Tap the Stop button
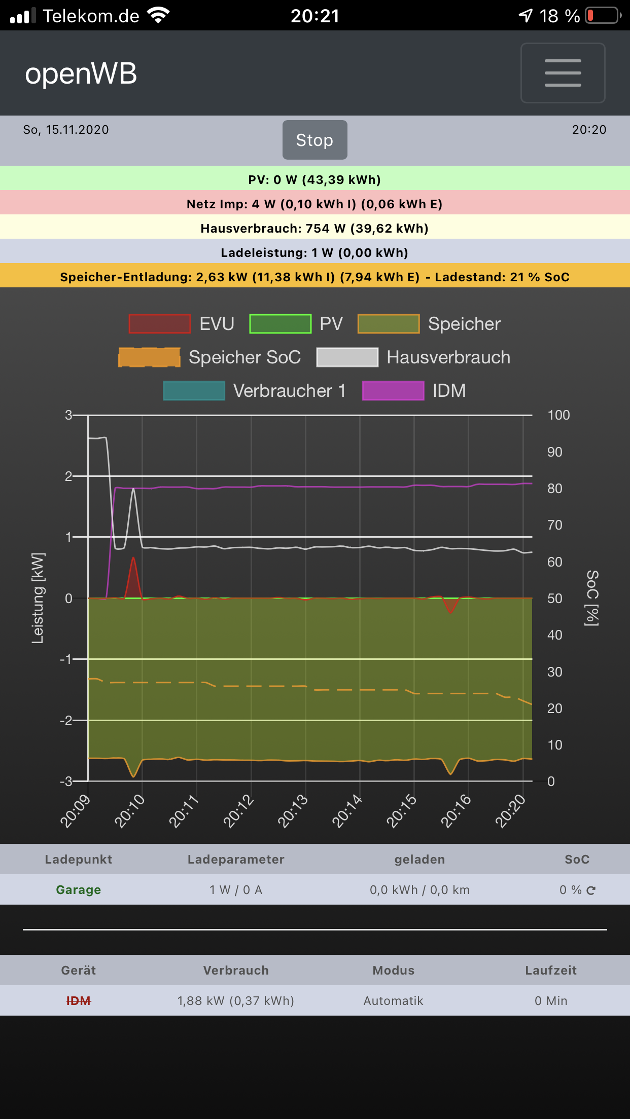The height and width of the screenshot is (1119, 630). pos(314,140)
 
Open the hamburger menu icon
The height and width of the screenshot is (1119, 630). pos(563,73)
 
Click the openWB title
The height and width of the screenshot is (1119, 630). pos(81,73)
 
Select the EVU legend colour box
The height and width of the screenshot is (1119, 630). pos(159,324)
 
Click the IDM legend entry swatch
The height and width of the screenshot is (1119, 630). pos(393,391)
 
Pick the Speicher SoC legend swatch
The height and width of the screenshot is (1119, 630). pos(149,357)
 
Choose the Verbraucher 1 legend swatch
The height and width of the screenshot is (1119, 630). pos(194,391)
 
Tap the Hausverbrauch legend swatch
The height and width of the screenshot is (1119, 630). pos(347,357)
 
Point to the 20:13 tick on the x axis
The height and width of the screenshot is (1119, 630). pos(293,810)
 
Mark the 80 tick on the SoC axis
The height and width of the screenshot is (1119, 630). pos(554,489)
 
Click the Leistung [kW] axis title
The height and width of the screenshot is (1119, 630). pos(38,598)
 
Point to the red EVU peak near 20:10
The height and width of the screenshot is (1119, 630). pos(133,558)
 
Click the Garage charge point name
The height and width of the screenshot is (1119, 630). pos(79,890)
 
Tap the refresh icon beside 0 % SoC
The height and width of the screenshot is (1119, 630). pos(591,890)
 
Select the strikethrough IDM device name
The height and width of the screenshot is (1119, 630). pos(79,1001)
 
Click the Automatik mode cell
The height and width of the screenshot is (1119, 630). pos(393,1001)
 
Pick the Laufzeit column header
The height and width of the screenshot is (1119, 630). pos(551,971)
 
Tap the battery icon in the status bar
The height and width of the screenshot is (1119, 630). pos(603,16)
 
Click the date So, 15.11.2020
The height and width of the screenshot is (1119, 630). pos(66,130)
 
